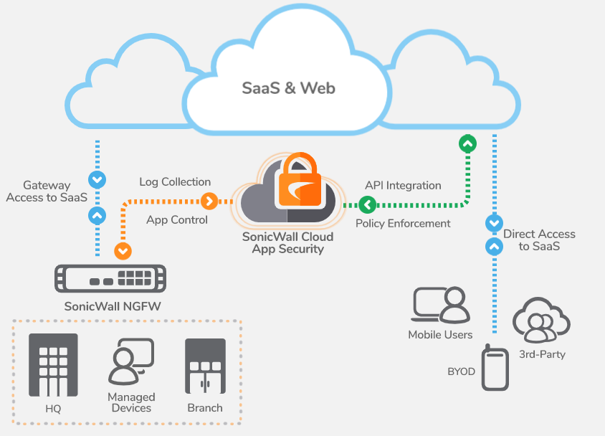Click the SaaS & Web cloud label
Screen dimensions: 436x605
coord(288,89)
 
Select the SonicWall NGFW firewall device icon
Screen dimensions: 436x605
coord(110,278)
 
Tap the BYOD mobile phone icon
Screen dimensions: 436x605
coord(495,367)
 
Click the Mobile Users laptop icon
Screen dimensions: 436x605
coord(441,305)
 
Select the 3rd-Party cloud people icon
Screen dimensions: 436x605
coord(541,320)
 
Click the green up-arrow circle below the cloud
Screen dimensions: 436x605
coord(467,144)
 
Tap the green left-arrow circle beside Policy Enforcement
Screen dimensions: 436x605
coord(367,206)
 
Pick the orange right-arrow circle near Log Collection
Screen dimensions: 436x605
coord(209,201)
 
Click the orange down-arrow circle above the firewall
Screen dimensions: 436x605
coord(123,251)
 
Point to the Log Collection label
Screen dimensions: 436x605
coord(175,182)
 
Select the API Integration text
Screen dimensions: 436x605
coord(403,185)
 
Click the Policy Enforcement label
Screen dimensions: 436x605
coord(403,223)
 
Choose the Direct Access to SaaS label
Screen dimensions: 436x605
coord(539,240)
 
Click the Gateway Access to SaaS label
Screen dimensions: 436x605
coord(47,191)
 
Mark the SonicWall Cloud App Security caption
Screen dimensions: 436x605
coord(287,244)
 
